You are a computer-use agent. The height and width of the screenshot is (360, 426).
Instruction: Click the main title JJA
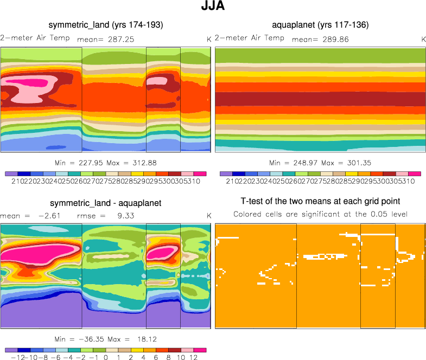click(x=213, y=8)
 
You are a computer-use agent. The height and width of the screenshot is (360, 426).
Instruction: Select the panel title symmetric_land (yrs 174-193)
click(x=106, y=25)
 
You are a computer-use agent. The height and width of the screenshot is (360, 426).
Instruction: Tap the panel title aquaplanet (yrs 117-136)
click(x=320, y=25)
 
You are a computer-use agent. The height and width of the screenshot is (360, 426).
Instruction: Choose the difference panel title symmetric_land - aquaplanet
click(x=106, y=203)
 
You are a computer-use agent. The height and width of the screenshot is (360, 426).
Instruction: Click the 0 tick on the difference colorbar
click(x=106, y=358)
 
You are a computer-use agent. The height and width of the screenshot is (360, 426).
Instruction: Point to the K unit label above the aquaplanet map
click(x=423, y=39)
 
